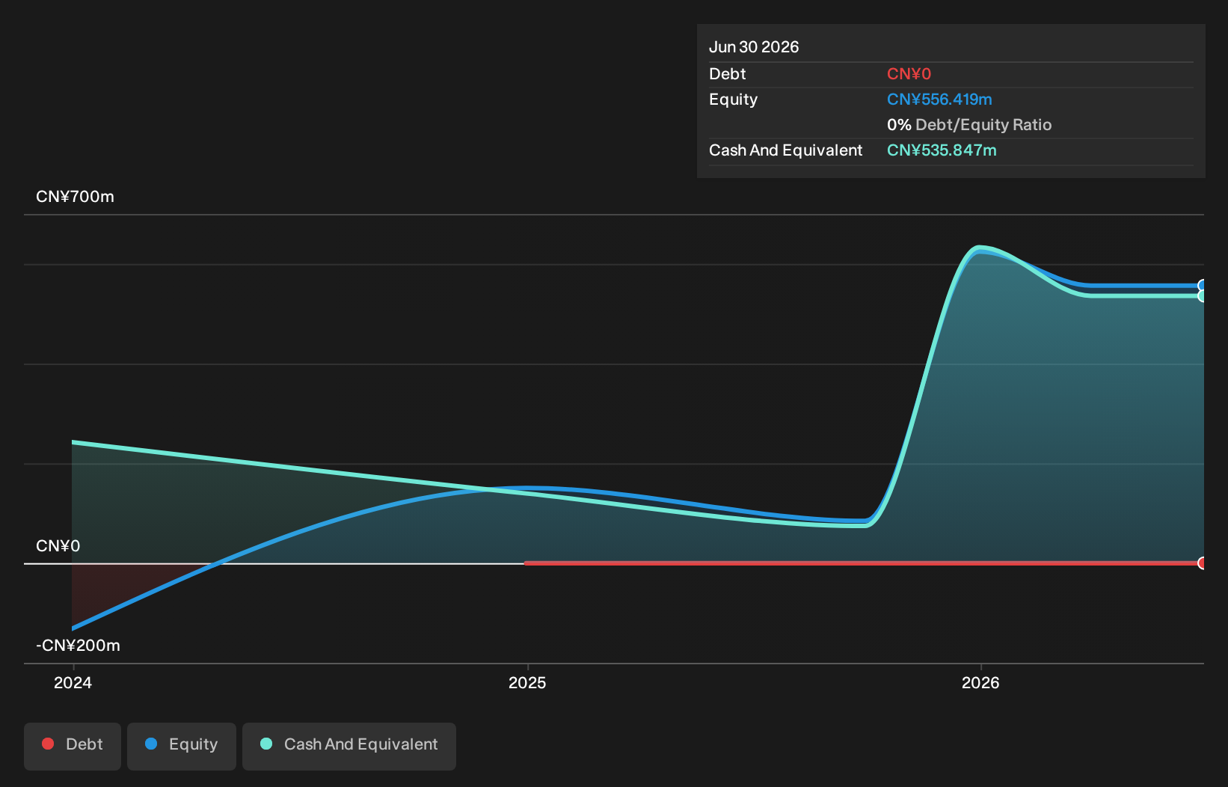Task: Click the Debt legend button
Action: [x=73, y=746]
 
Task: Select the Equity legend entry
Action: [x=182, y=746]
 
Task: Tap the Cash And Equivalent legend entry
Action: [x=349, y=746]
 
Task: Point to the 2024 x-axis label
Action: [x=73, y=683]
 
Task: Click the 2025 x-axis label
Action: [x=527, y=683]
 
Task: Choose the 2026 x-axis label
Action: [x=980, y=683]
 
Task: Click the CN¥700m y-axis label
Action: [x=75, y=196]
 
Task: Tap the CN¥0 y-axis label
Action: [x=58, y=545]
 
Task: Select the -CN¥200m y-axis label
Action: [x=78, y=645]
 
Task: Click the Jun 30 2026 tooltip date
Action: [x=754, y=47]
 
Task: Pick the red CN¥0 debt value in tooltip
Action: [x=909, y=73]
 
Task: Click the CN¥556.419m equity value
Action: [x=939, y=99]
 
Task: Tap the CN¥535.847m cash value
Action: [x=942, y=150]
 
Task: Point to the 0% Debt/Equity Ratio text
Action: [x=969, y=125]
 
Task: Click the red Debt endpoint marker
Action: [x=1200, y=563]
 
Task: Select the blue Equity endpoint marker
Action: [x=1200, y=285]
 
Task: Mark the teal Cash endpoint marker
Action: [x=1200, y=296]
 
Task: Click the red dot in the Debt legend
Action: [x=49, y=744]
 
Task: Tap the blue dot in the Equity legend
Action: [x=151, y=744]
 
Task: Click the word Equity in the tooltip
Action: [x=733, y=99]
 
